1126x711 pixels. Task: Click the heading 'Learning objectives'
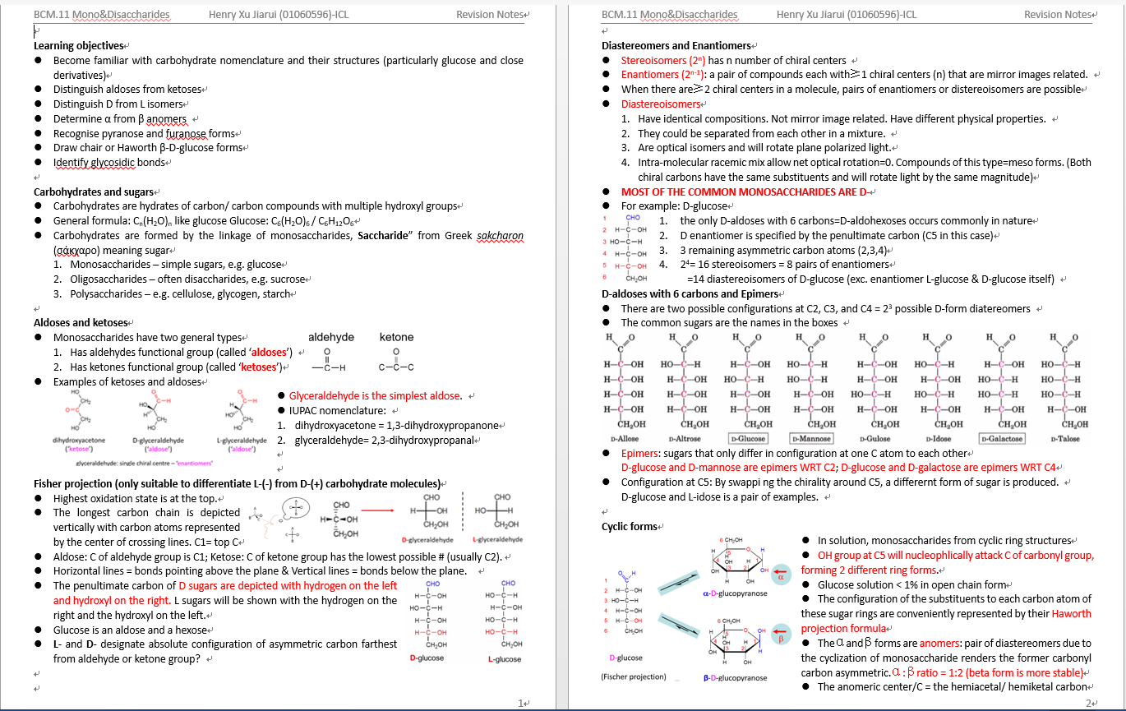78,46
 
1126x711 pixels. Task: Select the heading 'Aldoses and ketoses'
81,322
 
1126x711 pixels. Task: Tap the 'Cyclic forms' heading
629,526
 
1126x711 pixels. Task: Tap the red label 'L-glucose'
504,659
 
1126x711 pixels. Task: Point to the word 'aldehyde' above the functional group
331,337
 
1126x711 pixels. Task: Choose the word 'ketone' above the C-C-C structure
397,337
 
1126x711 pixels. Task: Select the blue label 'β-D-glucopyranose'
735,678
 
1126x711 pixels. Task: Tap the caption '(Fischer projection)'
634,677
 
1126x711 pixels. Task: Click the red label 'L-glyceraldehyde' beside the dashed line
498,540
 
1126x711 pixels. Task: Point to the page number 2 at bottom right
1088,703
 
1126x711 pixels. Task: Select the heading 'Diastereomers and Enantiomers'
676,46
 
